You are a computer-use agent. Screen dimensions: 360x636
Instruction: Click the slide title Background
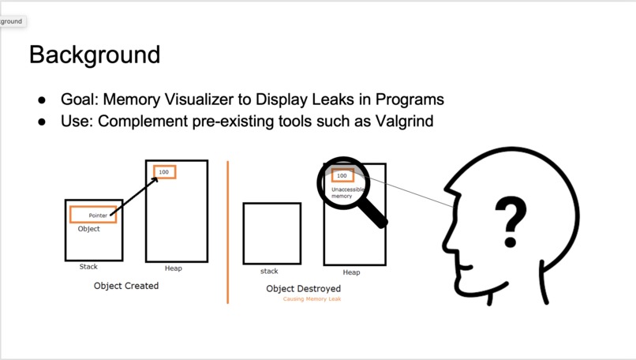(x=95, y=54)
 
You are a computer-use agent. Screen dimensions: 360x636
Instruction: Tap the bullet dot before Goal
(x=42, y=100)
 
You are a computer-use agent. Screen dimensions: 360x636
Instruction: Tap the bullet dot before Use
(x=42, y=122)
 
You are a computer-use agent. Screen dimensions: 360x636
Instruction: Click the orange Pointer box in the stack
(x=92, y=215)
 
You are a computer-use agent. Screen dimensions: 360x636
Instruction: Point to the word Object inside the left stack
(x=89, y=229)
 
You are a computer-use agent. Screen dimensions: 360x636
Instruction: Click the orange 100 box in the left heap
(x=164, y=172)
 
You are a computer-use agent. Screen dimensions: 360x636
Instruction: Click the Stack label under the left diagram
(x=88, y=267)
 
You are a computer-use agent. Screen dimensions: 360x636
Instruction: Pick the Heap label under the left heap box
(x=174, y=268)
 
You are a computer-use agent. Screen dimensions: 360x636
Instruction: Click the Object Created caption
(x=126, y=286)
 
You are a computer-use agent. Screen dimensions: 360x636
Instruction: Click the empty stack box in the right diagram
(x=272, y=233)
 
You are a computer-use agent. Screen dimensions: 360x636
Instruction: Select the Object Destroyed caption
(x=304, y=289)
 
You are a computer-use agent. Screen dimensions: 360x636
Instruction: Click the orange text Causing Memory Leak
(x=312, y=299)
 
